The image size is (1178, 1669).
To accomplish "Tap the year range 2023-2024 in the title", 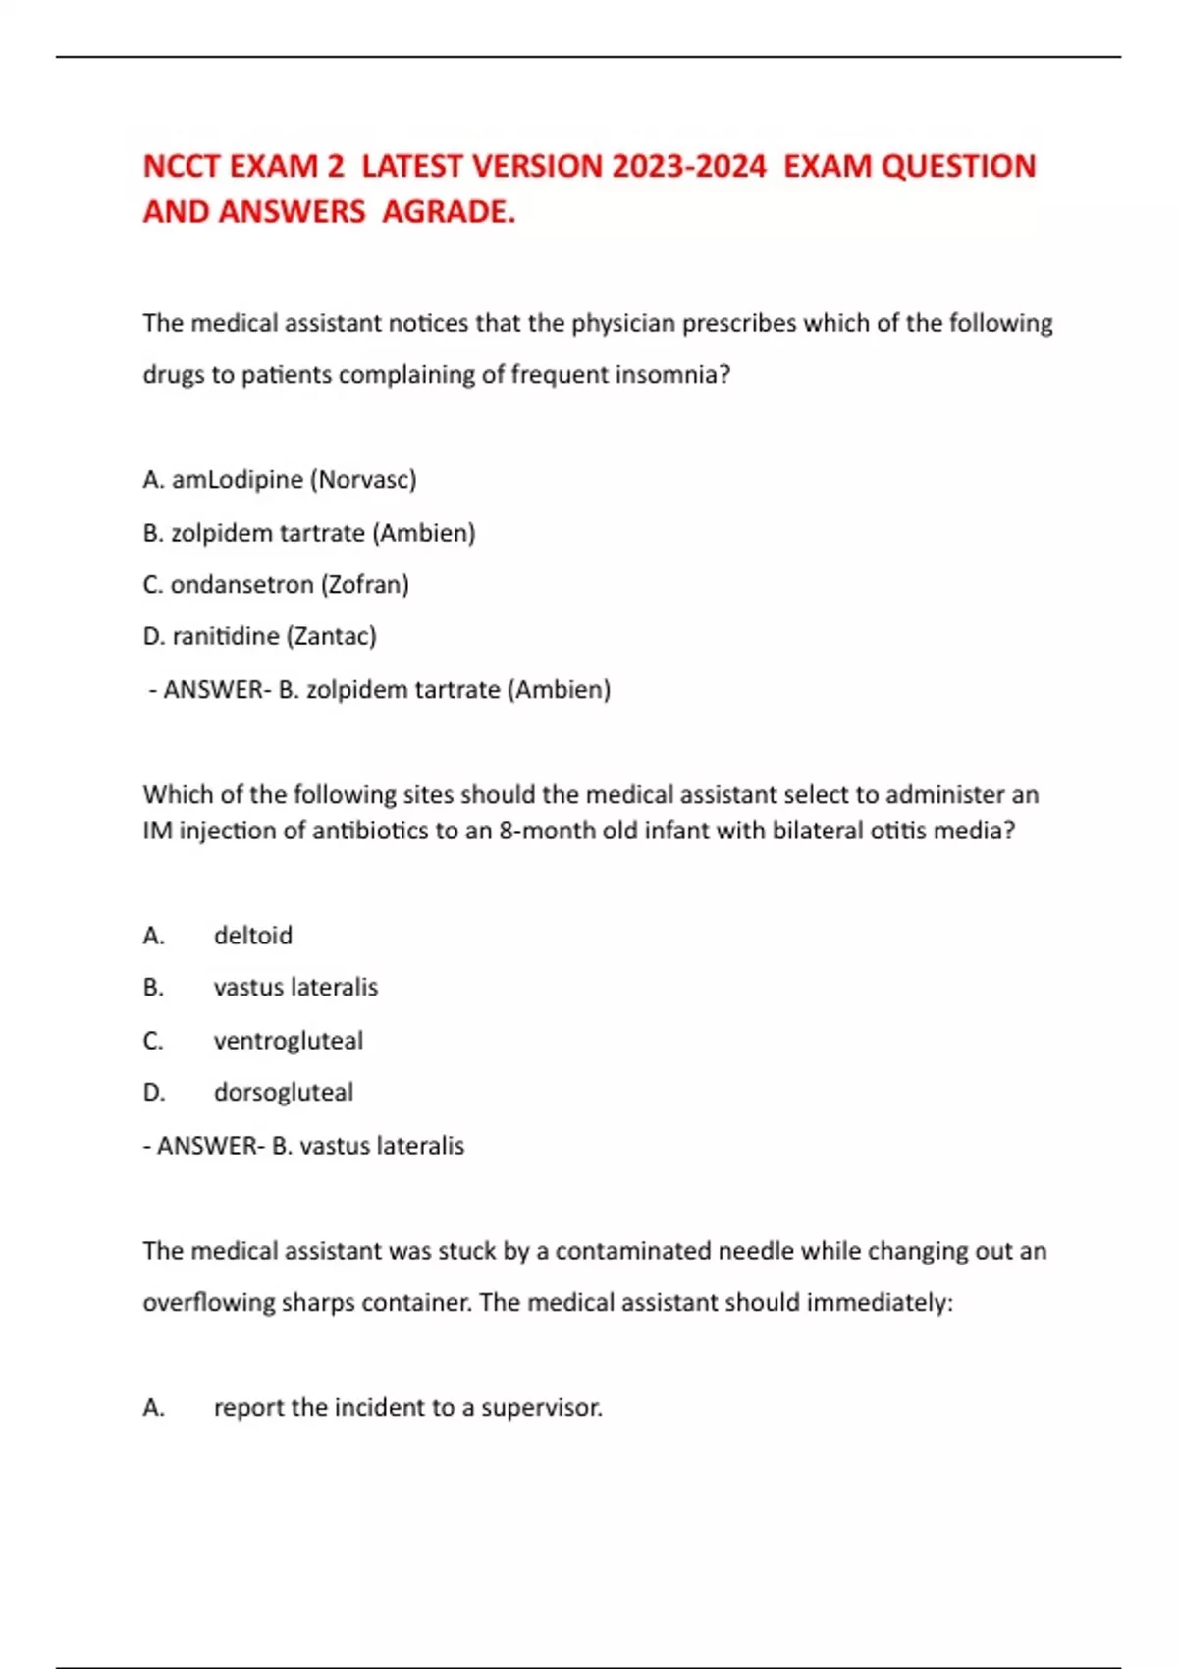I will tap(688, 167).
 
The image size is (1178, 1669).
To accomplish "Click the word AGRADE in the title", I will tap(448, 212).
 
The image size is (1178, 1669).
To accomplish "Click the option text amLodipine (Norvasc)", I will tap(294, 480).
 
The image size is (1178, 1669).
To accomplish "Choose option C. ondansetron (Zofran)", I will tap(276, 585).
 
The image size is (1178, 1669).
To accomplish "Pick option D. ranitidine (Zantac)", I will tap(260, 637).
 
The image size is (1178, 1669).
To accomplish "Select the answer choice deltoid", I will tap(253, 936).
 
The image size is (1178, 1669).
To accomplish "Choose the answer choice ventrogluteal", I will tap(289, 1041).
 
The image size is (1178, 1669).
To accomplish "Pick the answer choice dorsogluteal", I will tap(284, 1093).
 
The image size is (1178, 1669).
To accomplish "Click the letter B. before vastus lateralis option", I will tap(153, 988).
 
